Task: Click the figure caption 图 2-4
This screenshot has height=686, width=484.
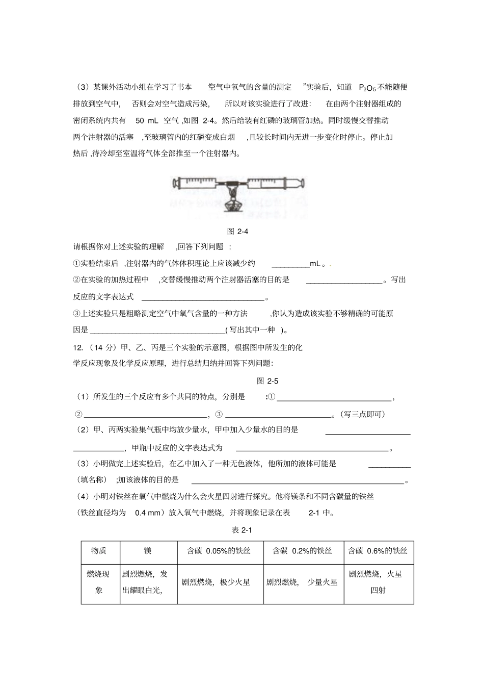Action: [237, 231]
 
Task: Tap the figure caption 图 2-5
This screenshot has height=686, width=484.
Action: [267, 381]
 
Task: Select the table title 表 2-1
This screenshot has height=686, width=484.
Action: [242, 530]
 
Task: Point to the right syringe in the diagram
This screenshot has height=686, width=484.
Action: [275, 182]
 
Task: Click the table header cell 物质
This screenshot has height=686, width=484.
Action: [100, 551]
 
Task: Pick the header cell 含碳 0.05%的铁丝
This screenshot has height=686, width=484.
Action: [219, 551]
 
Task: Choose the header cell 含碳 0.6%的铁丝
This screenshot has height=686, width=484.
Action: [378, 551]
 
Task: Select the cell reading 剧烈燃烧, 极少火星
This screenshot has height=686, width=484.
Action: [216, 582]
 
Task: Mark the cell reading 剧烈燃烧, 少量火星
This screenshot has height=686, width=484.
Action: [302, 582]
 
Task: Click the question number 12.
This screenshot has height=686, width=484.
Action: [78, 347]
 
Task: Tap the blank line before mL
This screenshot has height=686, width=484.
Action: [290, 264]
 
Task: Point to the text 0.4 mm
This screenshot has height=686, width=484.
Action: [148, 513]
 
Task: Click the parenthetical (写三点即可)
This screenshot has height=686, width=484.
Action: [361, 414]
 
